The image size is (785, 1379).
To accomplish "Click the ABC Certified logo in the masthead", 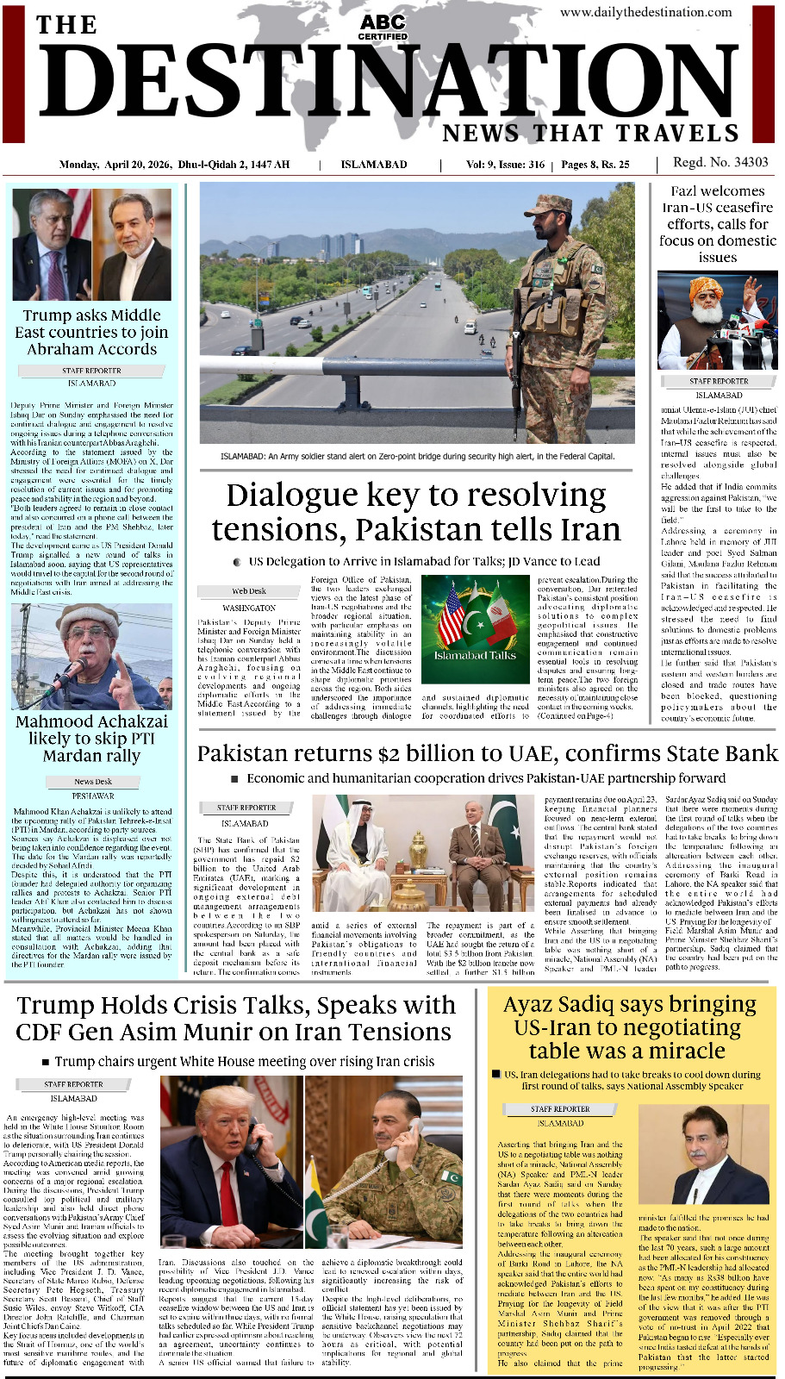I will [383, 26].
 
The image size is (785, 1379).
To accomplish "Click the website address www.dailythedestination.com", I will [645, 12].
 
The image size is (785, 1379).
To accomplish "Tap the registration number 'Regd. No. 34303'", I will [720, 162].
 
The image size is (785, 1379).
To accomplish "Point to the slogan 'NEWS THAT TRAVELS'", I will [591, 134].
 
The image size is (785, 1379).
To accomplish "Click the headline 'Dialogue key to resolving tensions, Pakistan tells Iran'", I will [416, 512].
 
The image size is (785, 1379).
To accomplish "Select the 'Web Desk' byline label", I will [249, 591].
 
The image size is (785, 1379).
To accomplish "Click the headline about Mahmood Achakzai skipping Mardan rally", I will [92, 739].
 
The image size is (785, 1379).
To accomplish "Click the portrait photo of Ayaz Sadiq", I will [720, 1155].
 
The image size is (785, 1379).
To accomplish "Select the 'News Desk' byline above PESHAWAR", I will [93, 782].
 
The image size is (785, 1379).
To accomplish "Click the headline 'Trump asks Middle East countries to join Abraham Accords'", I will [91, 332].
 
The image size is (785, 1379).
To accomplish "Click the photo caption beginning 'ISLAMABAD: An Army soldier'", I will [417, 456].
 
